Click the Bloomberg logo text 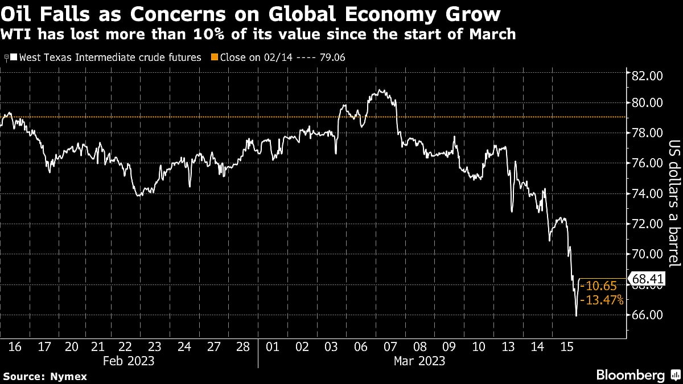(630, 375)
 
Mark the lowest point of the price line (576, 316)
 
